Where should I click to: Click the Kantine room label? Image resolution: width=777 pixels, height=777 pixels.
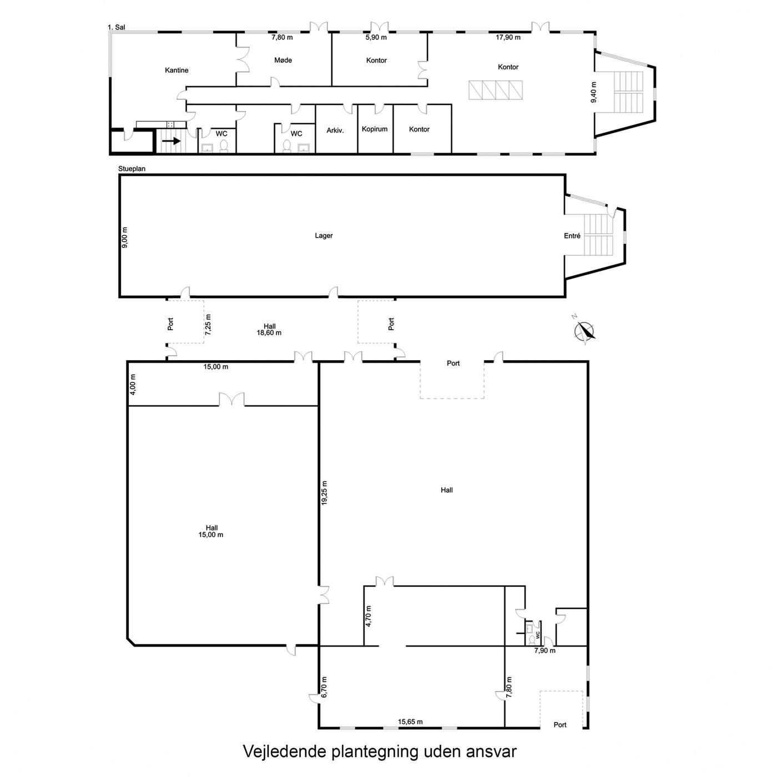point(176,70)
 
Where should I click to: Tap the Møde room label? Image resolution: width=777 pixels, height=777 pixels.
point(283,60)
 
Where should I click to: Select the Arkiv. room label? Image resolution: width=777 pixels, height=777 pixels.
point(335,130)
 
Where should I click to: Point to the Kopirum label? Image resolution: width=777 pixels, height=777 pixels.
point(375,129)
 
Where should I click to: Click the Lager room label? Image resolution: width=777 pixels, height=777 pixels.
point(324,235)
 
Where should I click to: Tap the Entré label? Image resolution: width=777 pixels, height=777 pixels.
point(572,236)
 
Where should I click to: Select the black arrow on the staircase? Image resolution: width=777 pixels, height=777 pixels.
point(171,141)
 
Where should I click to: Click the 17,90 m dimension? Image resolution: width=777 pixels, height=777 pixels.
point(508,38)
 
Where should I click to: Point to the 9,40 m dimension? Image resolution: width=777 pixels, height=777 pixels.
point(593,92)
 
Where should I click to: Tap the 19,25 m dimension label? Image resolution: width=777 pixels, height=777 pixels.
point(325,493)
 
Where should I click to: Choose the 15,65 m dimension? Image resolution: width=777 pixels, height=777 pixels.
point(411,722)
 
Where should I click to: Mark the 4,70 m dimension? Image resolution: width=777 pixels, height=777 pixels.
point(369,616)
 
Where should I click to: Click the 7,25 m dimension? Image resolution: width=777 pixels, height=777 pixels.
point(208,325)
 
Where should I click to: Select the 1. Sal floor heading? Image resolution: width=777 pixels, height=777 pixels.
point(117,27)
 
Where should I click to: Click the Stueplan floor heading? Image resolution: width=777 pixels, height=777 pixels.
point(132,169)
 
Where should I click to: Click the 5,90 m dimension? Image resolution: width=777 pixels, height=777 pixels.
point(376,38)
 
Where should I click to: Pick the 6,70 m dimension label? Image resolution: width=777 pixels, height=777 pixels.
point(325,687)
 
